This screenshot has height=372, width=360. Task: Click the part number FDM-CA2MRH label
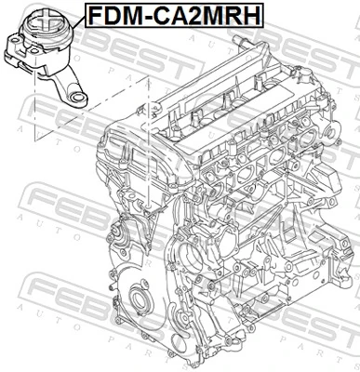click(x=172, y=15)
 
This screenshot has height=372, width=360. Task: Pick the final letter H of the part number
click(x=248, y=15)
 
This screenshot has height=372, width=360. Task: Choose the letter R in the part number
click(x=231, y=15)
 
